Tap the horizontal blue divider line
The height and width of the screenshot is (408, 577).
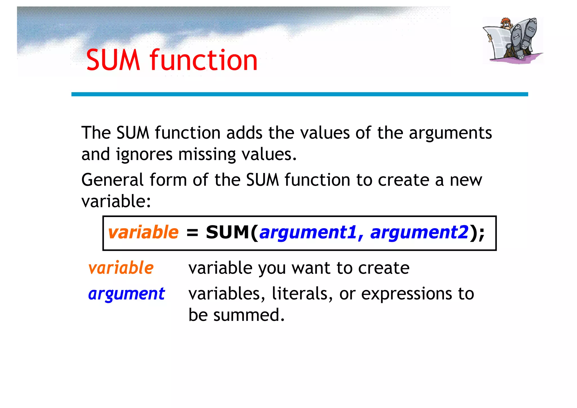tap(299, 94)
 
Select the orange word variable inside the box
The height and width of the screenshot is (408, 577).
tap(143, 232)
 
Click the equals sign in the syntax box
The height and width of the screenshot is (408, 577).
tap(192, 233)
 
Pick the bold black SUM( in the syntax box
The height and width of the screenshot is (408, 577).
tap(232, 232)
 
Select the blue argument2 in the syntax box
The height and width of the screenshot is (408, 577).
tap(419, 233)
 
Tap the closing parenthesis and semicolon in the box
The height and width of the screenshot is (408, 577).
tap(477, 233)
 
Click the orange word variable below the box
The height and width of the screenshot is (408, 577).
tap(121, 268)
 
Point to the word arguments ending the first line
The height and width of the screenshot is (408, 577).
tap(450, 133)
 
